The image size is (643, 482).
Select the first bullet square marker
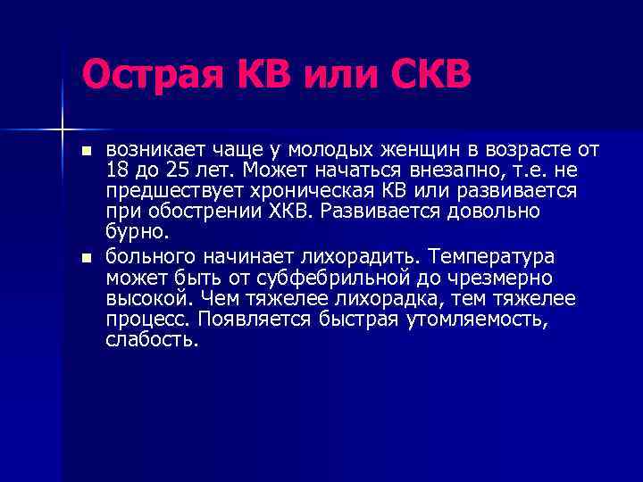pyautogui.click(x=86, y=151)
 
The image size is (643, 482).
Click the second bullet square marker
pyautogui.click(x=86, y=258)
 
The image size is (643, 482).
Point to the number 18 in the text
pyautogui.click(x=118, y=170)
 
